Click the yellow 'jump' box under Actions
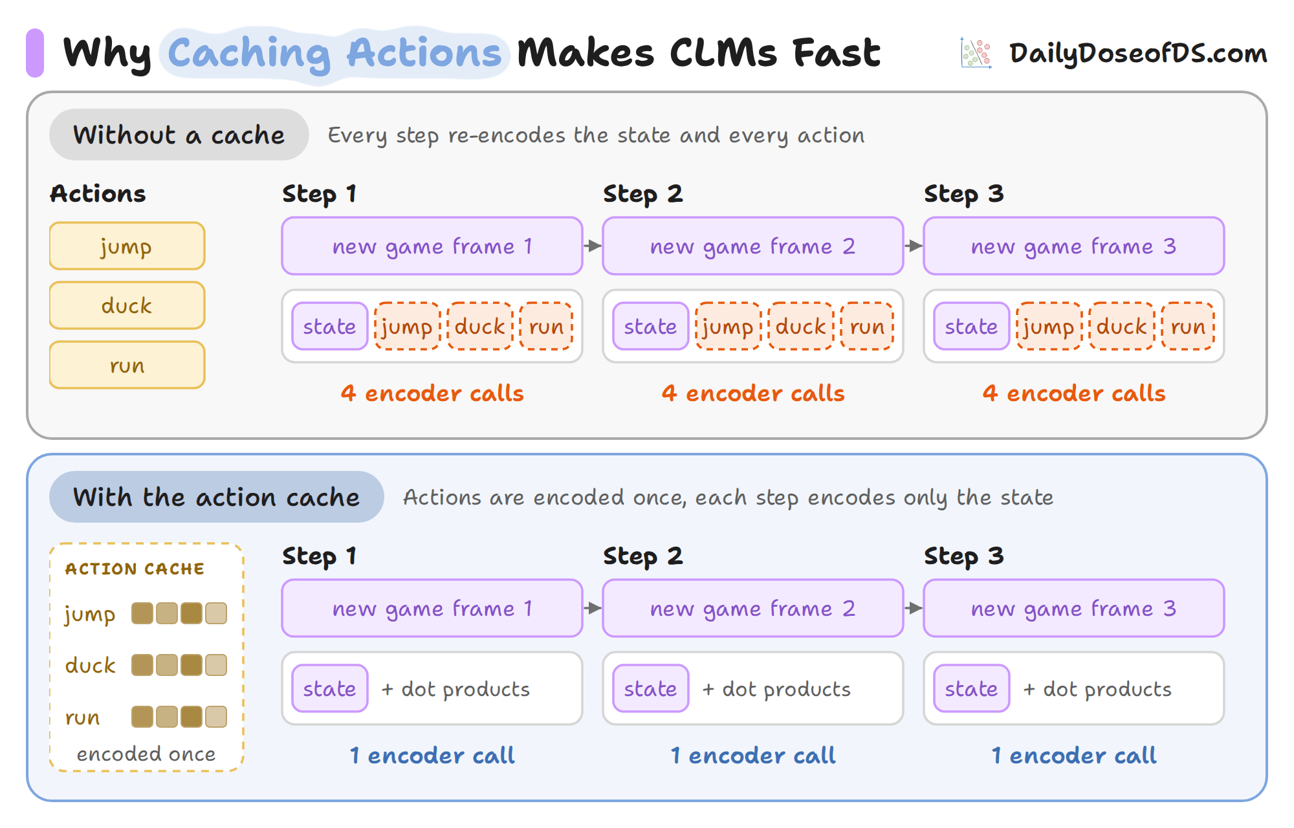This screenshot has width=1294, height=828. (127, 246)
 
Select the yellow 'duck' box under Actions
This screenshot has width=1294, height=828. (127, 305)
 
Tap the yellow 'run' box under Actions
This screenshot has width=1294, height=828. (127, 365)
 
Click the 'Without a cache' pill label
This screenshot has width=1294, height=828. (179, 135)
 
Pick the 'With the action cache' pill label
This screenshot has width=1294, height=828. (217, 497)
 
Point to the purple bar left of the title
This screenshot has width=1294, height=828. (35, 52)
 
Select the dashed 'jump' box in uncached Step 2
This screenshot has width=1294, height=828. (728, 326)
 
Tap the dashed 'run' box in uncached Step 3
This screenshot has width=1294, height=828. (1188, 326)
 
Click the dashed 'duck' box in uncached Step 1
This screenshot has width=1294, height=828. (479, 326)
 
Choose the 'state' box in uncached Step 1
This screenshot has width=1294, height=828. (329, 326)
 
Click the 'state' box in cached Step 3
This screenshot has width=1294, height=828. (971, 688)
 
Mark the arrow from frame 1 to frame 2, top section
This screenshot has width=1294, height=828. (593, 246)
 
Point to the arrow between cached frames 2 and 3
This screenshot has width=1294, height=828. (914, 608)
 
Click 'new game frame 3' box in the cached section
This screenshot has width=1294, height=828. (1074, 608)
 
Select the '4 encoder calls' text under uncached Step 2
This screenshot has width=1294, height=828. (753, 393)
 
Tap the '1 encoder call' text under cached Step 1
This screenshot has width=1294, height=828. (432, 756)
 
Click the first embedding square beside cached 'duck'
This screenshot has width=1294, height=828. (142, 665)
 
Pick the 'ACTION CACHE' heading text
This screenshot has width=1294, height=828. (135, 569)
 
